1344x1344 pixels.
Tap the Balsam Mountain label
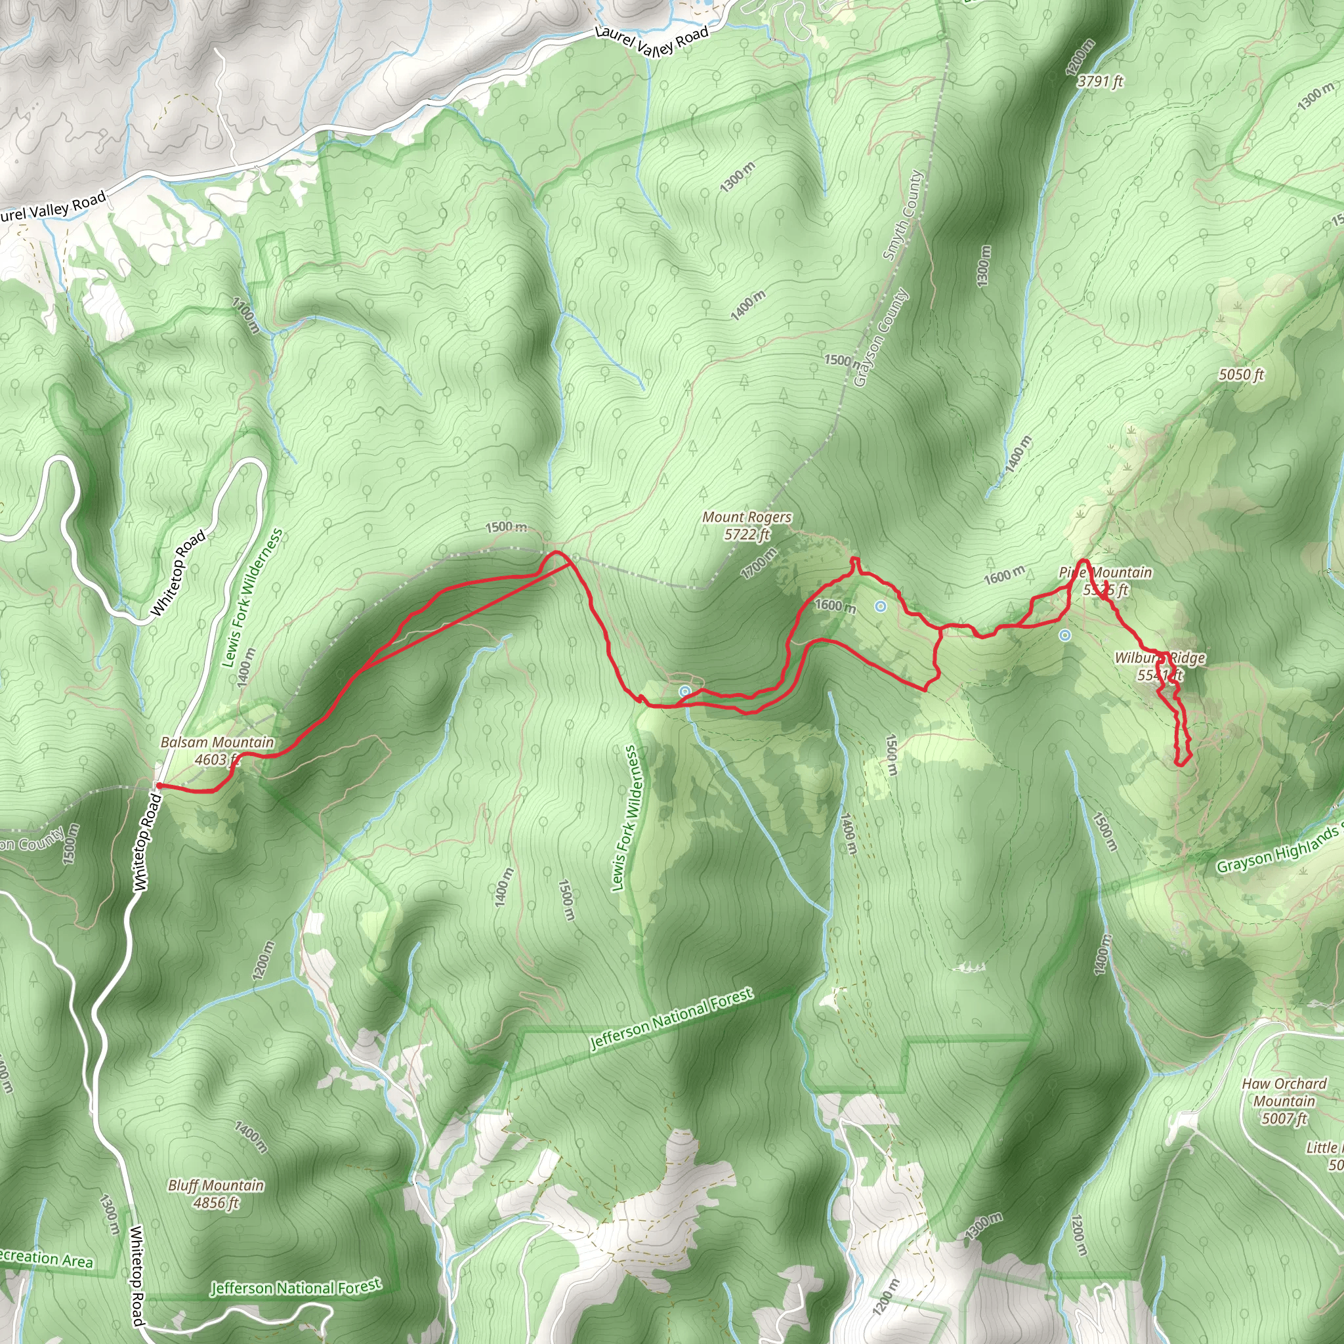217,742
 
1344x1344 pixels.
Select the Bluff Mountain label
216,1185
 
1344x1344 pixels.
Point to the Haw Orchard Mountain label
1284,1092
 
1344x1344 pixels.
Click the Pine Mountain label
1104,572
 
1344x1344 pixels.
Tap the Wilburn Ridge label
1160,658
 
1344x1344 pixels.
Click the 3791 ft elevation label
1101,81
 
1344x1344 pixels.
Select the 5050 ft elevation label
1241,374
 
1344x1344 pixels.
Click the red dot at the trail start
159,786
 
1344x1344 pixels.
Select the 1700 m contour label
758,564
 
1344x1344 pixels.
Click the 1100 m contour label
245,315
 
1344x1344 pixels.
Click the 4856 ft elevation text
216,1203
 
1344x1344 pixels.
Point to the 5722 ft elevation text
746,534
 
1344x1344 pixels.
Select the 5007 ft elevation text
1284,1119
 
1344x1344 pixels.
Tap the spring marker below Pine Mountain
1064,635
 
